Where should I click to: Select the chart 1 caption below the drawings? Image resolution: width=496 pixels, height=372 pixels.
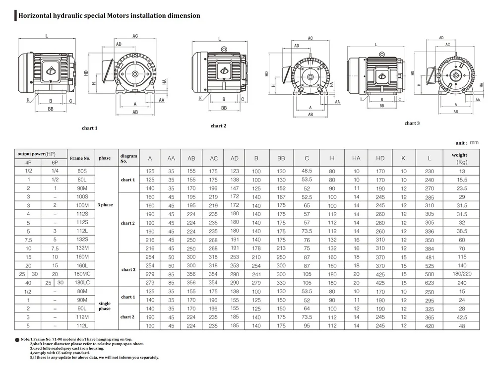(89, 128)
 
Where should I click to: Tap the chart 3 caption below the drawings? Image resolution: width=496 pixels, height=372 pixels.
(412, 123)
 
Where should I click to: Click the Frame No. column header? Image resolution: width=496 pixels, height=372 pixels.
(80, 158)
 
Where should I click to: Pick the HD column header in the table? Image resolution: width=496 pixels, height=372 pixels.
(380, 158)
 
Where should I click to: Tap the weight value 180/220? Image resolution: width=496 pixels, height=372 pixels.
(462, 274)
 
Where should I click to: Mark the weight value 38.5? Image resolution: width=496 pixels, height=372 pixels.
(462, 231)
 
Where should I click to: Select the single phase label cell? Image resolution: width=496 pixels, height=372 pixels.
(105, 306)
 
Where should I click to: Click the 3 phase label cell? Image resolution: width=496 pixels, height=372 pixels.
(105, 205)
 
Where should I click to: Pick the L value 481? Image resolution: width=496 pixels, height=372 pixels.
(429, 257)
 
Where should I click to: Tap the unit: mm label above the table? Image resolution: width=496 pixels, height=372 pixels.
(467, 143)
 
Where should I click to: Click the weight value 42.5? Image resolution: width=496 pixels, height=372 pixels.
(462, 317)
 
